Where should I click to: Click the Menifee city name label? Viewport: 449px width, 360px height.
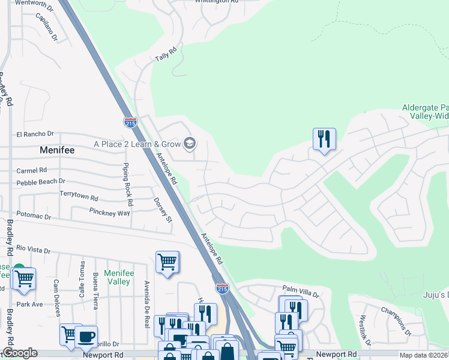coord(57,150)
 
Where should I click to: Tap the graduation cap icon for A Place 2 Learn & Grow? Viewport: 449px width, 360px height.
coord(190,143)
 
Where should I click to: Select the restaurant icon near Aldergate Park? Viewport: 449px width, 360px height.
coord(324,139)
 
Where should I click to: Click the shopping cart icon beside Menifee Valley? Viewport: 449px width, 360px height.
coord(167,262)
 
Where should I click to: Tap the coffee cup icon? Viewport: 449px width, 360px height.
coord(86,338)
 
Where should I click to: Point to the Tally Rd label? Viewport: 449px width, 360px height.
coord(167,54)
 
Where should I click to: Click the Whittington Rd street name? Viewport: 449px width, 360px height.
coord(217,2)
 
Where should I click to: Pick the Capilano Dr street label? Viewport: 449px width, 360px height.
coord(46,28)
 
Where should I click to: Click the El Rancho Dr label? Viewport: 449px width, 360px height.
coord(35,134)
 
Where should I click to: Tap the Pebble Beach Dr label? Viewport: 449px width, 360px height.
coord(41,182)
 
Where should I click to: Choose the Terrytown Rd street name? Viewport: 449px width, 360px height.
coord(79,196)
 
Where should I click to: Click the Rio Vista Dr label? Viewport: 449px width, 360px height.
coord(34,248)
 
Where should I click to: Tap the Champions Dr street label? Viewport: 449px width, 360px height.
coord(396,321)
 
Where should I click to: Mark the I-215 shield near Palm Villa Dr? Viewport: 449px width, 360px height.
coord(222,289)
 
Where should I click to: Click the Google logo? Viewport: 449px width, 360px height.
coord(20,353)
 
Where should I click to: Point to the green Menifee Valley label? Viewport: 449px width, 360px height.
coord(116,277)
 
